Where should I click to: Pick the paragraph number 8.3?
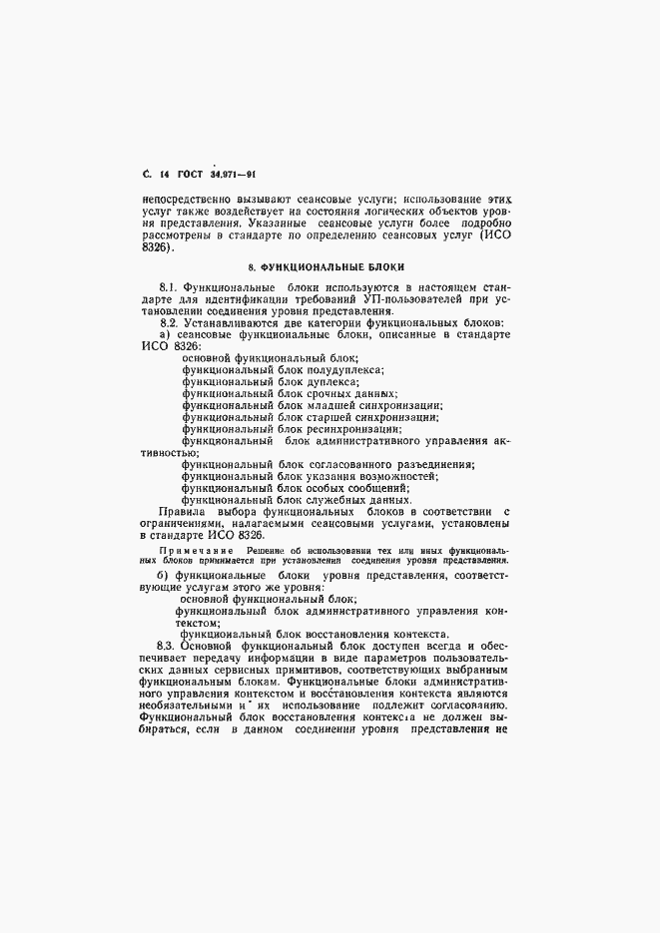pos(157,647)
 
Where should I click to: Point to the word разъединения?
pos(432,464)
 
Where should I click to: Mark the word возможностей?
pos(395,476)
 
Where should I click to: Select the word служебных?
pos(336,500)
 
